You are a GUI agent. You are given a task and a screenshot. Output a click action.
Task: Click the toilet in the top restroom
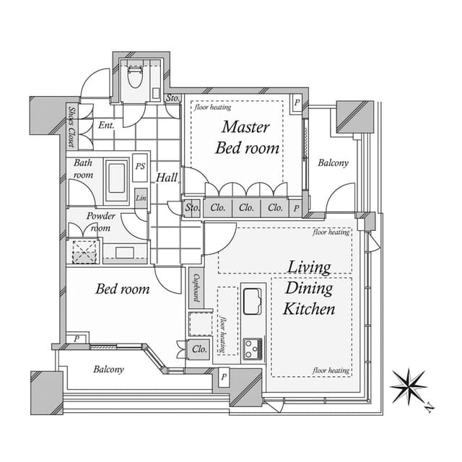coord(135,76)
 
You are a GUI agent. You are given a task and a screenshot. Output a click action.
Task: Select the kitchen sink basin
coord(252,302)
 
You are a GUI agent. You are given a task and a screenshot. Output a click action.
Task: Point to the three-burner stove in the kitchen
coord(253,349)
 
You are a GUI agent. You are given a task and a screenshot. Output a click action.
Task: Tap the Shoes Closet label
coord(71,127)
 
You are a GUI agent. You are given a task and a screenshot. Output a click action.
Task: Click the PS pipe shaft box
coord(140,167)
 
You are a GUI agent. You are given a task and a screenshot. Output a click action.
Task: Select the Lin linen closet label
coord(141,198)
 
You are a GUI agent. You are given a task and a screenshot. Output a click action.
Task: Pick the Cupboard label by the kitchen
coord(196,288)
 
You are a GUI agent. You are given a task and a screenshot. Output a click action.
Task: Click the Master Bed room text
coord(247,138)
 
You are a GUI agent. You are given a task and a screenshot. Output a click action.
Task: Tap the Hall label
coord(167,178)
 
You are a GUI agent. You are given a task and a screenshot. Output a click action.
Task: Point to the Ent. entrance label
coord(106,125)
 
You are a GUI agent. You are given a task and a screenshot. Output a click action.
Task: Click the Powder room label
coord(100,222)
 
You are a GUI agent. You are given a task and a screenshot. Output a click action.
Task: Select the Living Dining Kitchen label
coord(309,288)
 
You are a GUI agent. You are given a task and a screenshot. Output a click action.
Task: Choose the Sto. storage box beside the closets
coord(192,208)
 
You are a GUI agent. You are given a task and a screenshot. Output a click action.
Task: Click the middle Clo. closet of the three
coord(246,208)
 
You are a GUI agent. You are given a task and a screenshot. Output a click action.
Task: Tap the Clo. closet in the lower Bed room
coord(199,349)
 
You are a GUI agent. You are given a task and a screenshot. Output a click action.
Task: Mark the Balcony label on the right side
coord(333,162)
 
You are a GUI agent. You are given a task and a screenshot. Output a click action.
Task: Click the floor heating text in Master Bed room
coord(213,108)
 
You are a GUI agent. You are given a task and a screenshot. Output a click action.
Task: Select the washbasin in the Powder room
coord(125,253)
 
